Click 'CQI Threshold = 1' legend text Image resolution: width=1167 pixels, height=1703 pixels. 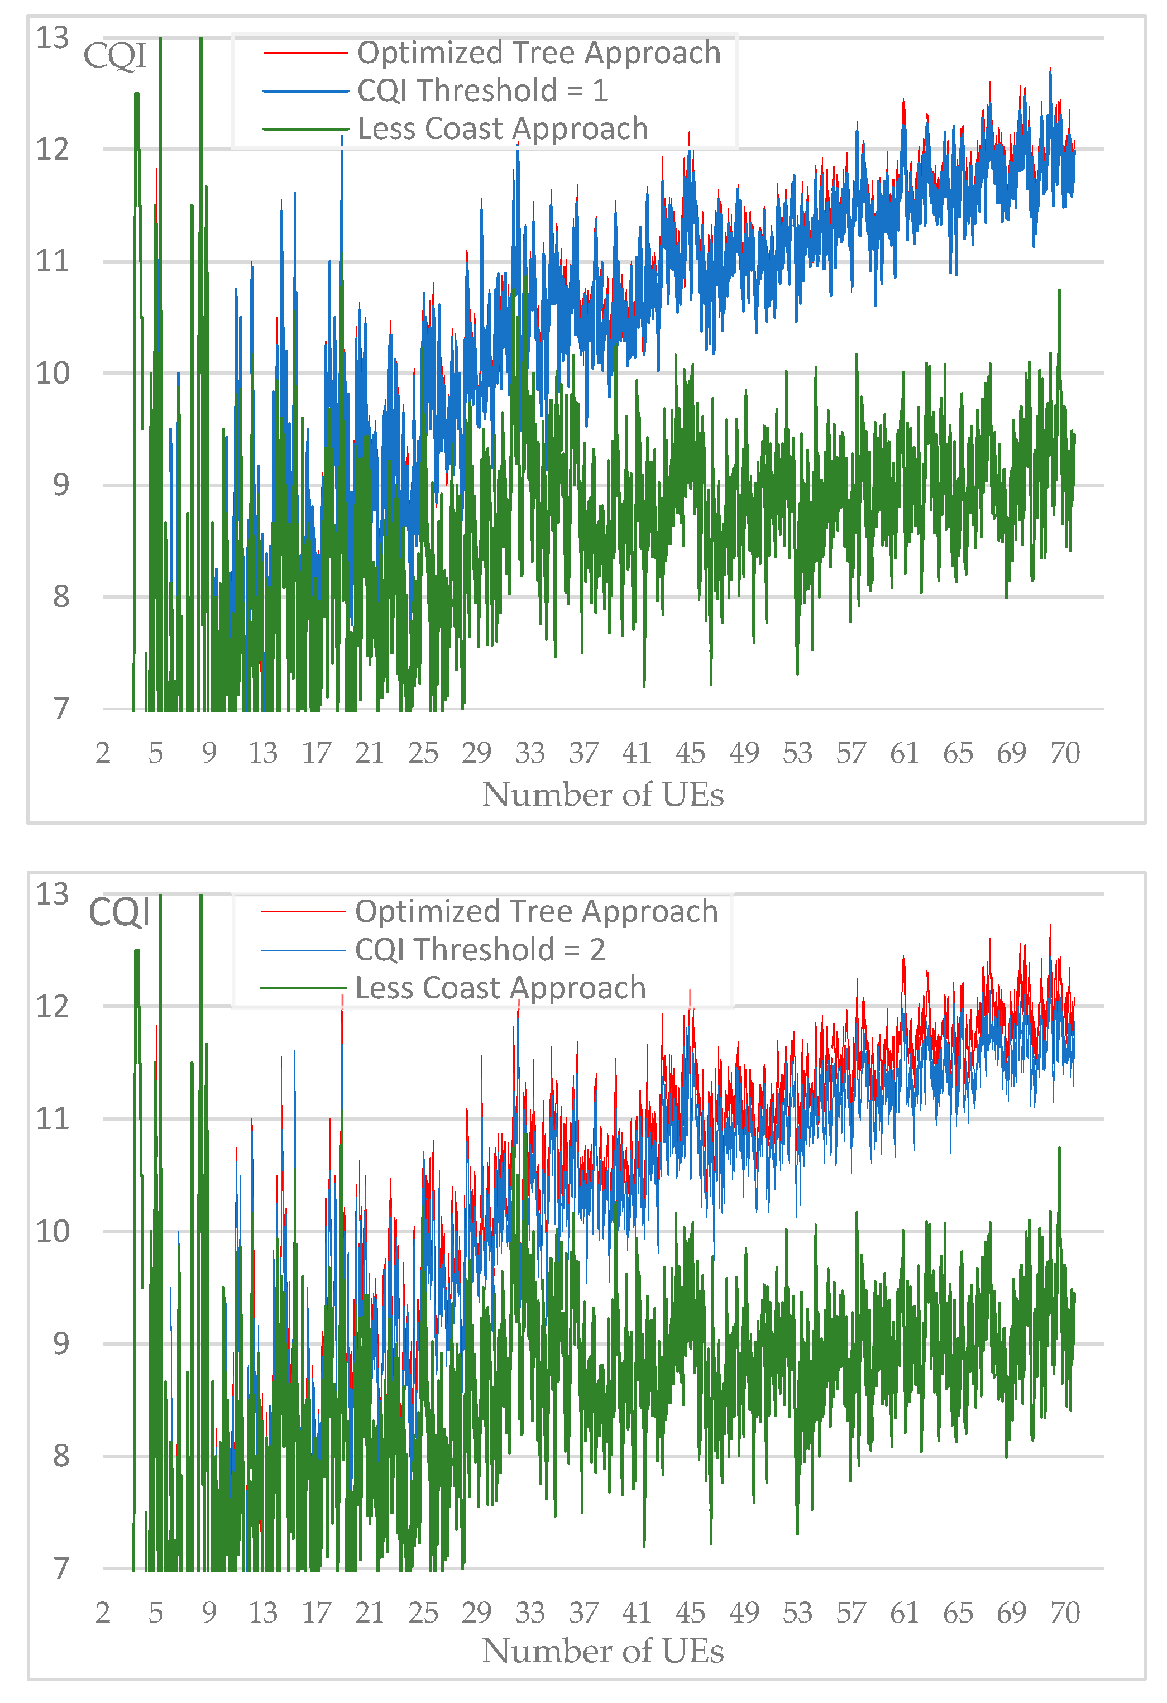click(x=482, y=91)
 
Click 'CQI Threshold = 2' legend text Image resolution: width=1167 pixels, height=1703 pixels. click(x=480, y=950)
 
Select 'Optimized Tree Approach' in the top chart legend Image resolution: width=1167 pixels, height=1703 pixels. click(x=538, y=52)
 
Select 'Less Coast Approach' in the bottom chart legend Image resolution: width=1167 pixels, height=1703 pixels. click(x=500, y=988)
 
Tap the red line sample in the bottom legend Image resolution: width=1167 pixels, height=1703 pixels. click(x=303, y=912)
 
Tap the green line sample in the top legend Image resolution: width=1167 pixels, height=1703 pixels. click(x=305, y=129)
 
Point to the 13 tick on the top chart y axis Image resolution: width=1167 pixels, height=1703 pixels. click(x=52, y=37)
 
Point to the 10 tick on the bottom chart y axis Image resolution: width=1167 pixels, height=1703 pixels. click(x=52, y=1231)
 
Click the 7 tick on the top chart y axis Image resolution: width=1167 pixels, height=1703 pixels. click(x=61, y=709)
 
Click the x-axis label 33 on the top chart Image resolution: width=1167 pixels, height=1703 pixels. click(x=530, y=753)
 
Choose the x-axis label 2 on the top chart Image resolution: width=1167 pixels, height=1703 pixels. click(x=103, y=753)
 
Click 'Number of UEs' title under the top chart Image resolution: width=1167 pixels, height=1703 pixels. click(x=603, y=795)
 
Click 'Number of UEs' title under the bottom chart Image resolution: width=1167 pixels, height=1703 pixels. click(x=603, y=1652)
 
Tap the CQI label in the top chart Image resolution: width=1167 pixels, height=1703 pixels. click(x=114, y=56)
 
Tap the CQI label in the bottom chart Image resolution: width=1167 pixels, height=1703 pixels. click(x=119, y=912)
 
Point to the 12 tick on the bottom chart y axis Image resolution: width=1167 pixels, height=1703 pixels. click(x=52, y=1007)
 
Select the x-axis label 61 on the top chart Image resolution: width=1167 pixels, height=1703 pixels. click(x=904, y=753)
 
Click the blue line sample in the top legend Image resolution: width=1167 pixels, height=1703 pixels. click(x=305, y=91)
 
